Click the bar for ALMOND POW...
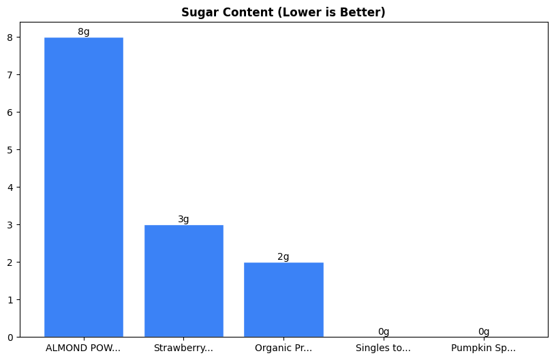tap(84, 187)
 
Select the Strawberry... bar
tap(183, 280)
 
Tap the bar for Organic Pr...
tap(283, 299)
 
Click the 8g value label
tap(84, 31)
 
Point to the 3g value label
tap(183, 219)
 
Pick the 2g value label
tap(283, 256)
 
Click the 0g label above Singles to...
tap(384, 331)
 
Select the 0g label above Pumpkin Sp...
tap(483, 331)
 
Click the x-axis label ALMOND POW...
tap(83, 348)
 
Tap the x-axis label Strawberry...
tap(183, 348)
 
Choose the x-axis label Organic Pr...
tap(283, 348)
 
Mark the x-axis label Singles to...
tap(383, 348)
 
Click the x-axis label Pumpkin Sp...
tap(483, 348)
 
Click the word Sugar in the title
tap(197, 12)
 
